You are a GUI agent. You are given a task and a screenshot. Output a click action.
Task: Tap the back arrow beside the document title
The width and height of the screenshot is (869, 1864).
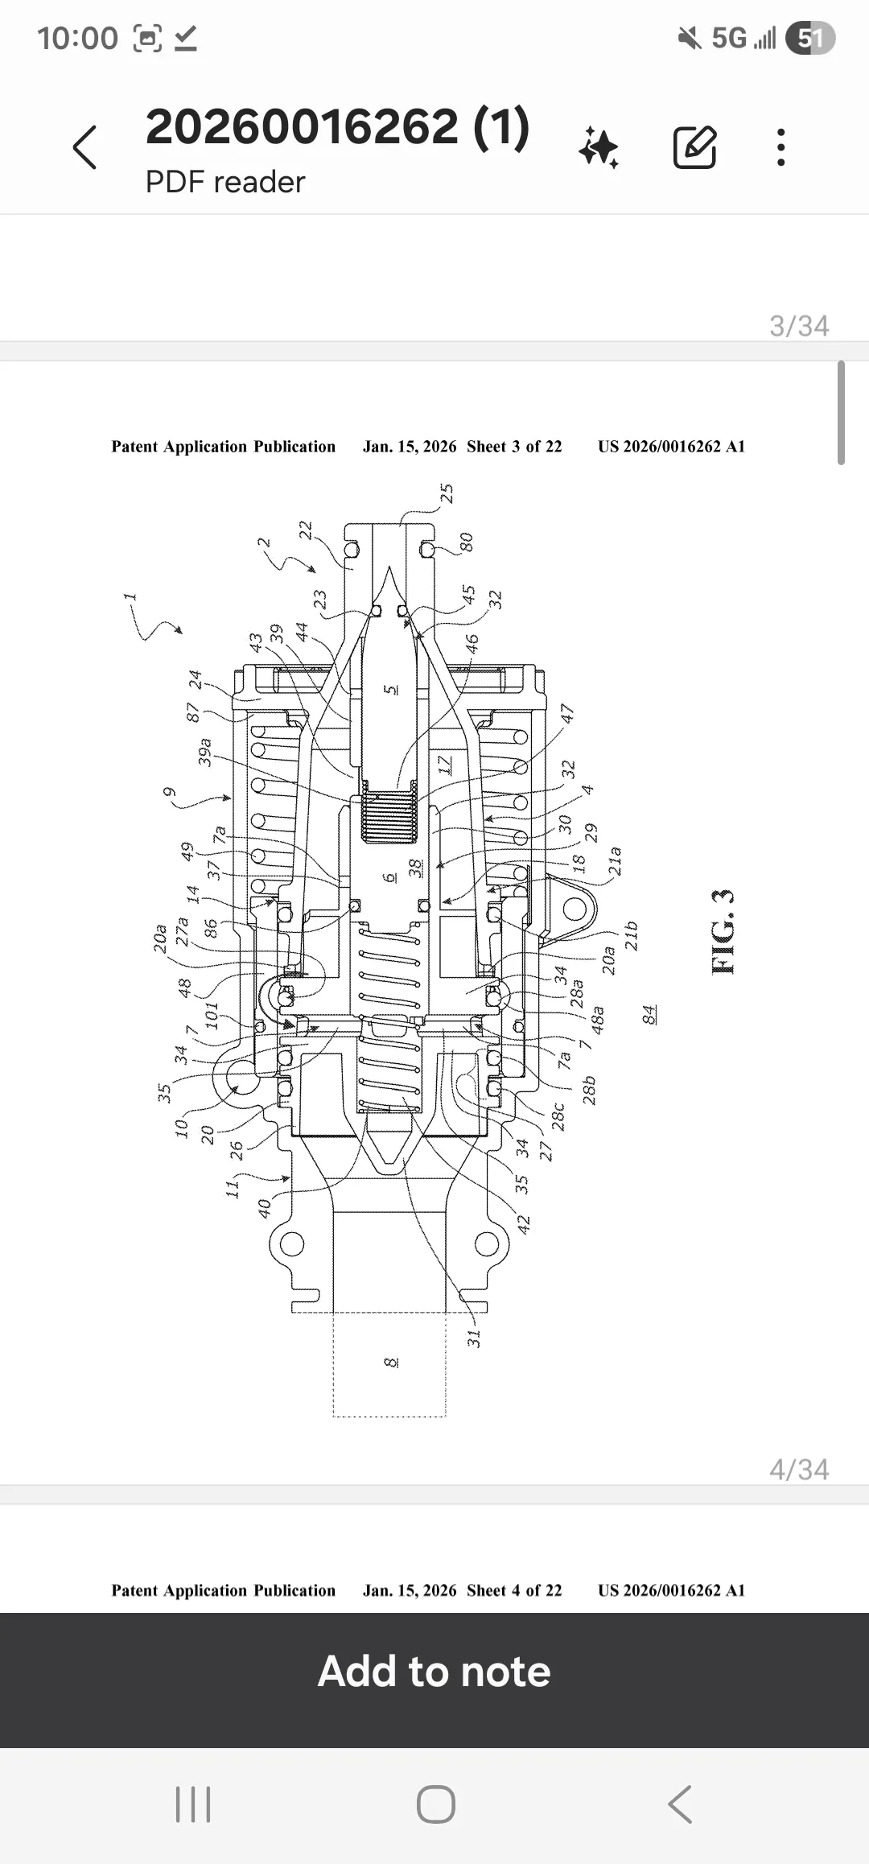(84, 147)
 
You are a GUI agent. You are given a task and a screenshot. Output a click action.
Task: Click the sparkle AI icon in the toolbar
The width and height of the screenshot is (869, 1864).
(599, 147)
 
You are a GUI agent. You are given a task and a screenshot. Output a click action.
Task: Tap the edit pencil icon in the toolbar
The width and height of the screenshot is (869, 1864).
(694, 146)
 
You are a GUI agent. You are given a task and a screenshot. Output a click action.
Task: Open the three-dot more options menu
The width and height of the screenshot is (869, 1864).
(780, 147)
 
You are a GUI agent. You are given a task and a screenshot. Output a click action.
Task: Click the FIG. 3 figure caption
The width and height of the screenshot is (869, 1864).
(723, 931)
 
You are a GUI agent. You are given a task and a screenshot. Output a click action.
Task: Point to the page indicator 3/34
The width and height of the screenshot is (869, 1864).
(799, 326)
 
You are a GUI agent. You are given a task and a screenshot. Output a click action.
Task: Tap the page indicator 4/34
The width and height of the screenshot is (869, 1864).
(799, 1470)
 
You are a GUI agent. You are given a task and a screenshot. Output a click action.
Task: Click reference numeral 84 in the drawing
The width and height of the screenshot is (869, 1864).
(649, 1013)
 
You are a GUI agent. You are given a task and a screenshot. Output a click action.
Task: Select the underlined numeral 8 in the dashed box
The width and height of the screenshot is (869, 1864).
(391, 1362)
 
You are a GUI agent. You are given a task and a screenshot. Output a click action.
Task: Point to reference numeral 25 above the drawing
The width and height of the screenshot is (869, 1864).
(447, 493)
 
